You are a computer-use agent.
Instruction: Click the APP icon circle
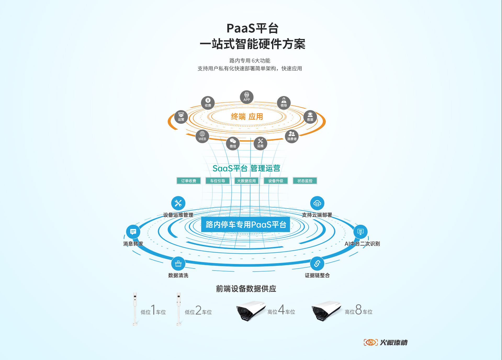tap(247, 97)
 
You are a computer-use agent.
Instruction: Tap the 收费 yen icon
tap(208, 103)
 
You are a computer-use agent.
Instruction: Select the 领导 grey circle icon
tap(284, 103)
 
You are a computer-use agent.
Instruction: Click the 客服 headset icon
tap(310, 117)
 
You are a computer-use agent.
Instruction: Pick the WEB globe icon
tap(202, 136)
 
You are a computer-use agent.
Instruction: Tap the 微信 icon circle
tap(233, 143)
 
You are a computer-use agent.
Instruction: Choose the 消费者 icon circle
tap(292, 136)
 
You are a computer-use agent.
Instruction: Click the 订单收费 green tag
tap(189, 181)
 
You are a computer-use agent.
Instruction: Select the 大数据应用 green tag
tap(246, 181)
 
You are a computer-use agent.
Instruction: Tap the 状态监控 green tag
tap(305, 181)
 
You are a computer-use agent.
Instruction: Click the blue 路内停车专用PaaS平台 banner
tap(246, 224)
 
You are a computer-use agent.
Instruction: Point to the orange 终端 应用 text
tap(247, 116)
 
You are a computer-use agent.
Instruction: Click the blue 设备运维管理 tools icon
tap(178, 203)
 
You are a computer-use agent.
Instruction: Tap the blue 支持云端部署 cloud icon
tap(317, 203)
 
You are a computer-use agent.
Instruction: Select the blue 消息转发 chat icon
tap(133, 232)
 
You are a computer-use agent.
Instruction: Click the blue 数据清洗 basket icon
tap(178, 263)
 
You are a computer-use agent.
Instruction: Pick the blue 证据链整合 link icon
tap(317, 263)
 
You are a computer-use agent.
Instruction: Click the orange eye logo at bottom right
tap(371, 342)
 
